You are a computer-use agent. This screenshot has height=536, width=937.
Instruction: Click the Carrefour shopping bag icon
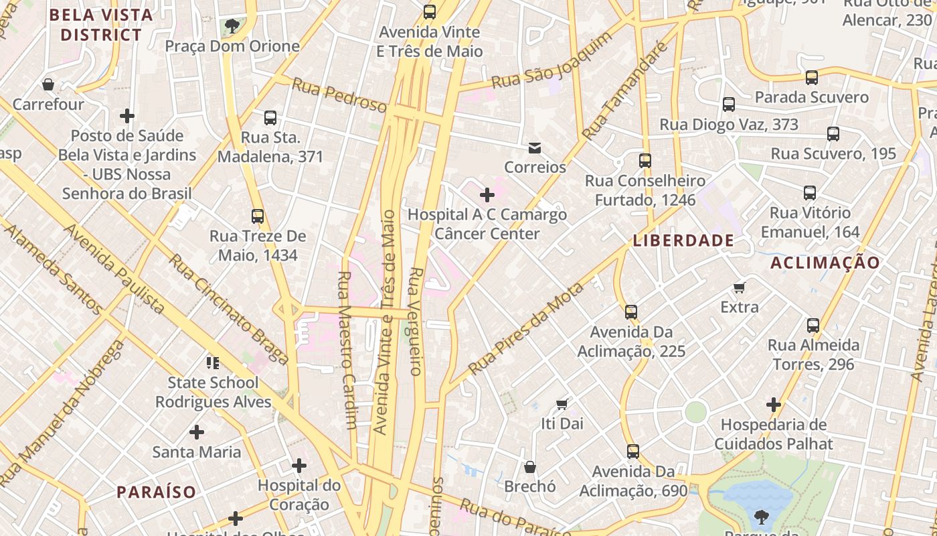48,84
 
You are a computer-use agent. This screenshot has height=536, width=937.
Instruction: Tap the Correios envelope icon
535,147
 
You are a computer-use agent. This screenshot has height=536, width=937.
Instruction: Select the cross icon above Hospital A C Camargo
487,195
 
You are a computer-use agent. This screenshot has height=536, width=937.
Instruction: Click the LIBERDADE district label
683,241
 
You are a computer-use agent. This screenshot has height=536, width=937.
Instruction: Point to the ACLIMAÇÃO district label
825,263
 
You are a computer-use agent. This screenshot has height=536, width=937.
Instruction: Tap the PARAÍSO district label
157,492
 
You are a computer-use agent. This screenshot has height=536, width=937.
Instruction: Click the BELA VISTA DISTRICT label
101,25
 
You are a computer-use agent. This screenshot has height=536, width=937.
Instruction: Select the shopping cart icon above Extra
740,287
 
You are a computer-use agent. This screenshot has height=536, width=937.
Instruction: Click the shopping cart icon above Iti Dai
562,403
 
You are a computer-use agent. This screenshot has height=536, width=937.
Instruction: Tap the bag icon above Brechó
530,466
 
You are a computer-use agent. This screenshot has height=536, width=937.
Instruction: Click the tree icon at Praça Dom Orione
232,26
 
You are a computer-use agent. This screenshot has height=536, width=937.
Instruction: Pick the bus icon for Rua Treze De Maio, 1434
258,216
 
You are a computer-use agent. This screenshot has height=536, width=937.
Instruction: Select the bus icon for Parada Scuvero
812,78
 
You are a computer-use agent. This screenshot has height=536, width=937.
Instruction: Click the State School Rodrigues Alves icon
213,363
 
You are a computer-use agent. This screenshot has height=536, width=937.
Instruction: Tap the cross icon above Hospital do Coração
299,465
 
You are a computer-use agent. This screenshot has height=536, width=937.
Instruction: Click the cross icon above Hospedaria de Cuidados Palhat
774,405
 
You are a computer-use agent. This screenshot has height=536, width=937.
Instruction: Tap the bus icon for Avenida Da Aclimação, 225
631,312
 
